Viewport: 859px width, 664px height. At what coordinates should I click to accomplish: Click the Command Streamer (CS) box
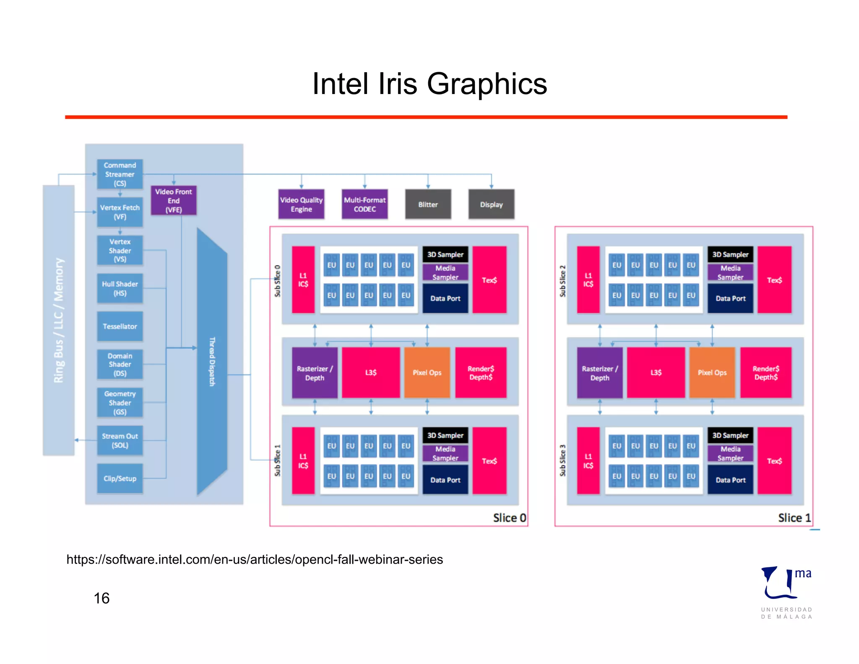point(120,174)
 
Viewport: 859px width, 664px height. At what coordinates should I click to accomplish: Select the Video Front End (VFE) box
point(173,201)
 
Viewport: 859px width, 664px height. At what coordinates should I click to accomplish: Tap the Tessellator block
point(120,326)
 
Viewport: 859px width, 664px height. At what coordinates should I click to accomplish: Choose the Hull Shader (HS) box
point(120,288)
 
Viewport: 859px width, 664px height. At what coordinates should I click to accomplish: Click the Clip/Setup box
point(120,478)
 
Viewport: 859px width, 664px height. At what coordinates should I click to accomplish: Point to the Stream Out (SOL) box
point(120,441)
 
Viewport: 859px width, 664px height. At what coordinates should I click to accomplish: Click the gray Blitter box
point(428,204)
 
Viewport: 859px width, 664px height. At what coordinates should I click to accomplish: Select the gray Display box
point(491,204)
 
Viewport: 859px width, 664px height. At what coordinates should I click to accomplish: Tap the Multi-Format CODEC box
point(364,204)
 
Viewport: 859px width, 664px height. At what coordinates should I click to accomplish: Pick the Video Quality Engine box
point(301,204)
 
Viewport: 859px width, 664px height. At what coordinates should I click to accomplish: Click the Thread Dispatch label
point(212,361)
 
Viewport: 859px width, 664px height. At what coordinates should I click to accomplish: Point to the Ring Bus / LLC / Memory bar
point(59,320)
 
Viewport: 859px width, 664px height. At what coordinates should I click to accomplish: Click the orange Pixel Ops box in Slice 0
point(427,372)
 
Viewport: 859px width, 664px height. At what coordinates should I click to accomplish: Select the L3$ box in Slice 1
point(656,372)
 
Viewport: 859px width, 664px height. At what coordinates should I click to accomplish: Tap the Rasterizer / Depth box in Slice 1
point(599,373)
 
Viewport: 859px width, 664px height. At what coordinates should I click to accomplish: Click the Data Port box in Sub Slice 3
point(730,480)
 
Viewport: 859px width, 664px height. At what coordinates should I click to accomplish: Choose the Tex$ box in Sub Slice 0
point(489,280)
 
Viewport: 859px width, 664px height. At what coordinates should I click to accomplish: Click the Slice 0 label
point(509,518)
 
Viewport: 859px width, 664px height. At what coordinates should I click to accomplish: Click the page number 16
point(102,598)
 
